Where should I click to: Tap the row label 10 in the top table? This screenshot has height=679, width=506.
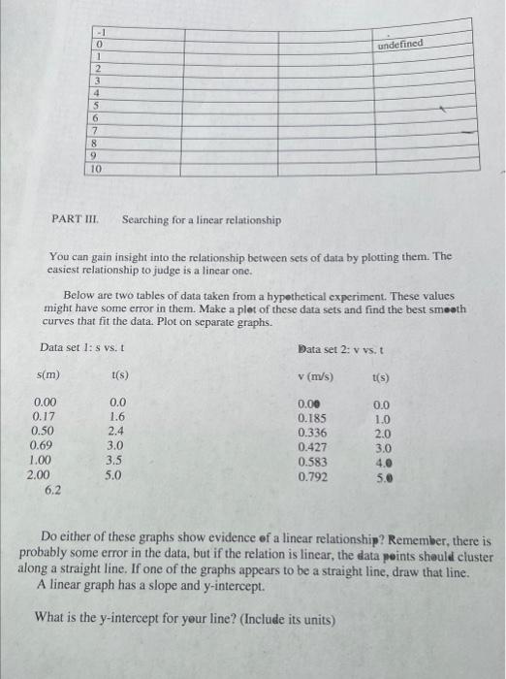click(97, 168)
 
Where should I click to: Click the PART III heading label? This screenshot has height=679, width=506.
click(72, 220)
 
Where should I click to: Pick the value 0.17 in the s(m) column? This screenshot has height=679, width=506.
click(43, 416)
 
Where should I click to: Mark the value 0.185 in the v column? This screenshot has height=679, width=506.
click(312, 417)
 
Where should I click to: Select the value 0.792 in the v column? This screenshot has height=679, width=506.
click(312, 477)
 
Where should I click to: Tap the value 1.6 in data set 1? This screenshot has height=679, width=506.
click(117, 416)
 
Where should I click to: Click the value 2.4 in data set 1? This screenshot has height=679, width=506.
click(117, 431)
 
